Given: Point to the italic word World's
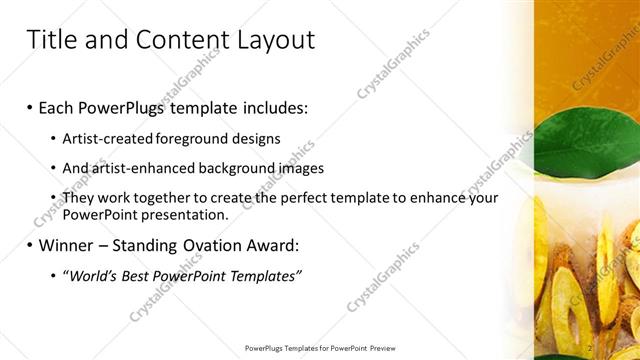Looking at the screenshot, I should click(x=88, y=276).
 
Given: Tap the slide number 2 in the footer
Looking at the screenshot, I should click(x=590, y=347).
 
